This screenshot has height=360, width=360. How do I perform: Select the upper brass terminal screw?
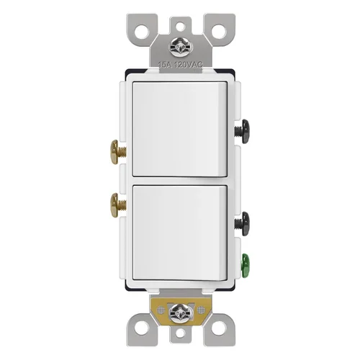[x=117, y=152]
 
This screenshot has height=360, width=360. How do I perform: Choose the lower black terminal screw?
[x=243, y=221]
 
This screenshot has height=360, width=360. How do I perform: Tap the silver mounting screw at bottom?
[x=180, y=315]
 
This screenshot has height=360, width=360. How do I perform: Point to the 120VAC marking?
[x=188, y=64]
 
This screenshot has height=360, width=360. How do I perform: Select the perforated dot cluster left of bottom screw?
[x=159, y=315]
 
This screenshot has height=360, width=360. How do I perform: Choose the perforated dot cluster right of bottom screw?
[x=201, y=315]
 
